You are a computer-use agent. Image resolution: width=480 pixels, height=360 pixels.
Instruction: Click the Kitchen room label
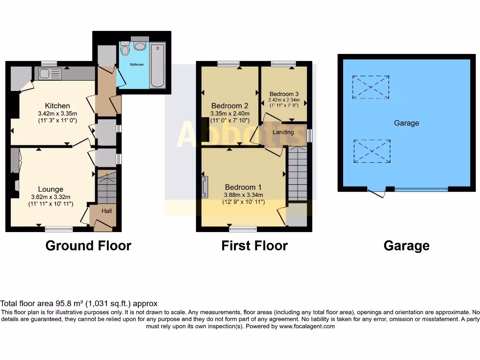tap(57, 105)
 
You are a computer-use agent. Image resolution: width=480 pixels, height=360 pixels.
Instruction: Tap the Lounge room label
tap(51, 189)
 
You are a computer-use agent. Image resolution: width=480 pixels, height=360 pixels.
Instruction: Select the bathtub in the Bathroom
tap(157, 66)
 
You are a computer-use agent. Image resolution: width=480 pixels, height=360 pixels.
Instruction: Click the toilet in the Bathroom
tap(125, 49)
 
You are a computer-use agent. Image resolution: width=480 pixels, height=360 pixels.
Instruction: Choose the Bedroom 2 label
tap(230, 105)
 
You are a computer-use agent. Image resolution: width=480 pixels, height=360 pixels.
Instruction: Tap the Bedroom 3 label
tap(284, 94)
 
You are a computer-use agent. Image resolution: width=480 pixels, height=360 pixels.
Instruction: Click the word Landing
tap(283, 132)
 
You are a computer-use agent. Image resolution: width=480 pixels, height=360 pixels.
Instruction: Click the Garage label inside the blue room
tap(406, 123)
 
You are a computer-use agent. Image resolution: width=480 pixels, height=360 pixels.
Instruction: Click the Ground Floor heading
tap(88, 245)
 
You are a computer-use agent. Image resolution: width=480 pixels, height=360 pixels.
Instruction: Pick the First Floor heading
tap(255, 245)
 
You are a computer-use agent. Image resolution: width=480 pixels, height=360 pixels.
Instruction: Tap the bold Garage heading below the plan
tap(406, 245)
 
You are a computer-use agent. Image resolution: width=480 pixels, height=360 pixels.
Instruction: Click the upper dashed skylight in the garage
tap(371, 88)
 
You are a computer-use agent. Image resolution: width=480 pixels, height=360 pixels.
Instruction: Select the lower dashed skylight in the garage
tap(372, 151)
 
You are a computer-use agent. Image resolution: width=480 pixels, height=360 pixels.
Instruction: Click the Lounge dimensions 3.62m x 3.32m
tap(51, 197)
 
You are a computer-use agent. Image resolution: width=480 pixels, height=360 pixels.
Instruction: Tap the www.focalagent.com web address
tap(307, 326)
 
